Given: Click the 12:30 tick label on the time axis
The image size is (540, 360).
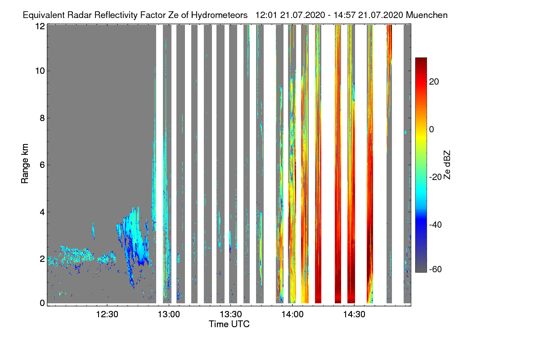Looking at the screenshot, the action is (x=107, y=315).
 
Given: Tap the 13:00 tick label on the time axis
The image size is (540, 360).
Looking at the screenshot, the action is (x=169, y=315).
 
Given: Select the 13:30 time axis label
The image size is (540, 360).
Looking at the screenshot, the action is (x=231, y=315).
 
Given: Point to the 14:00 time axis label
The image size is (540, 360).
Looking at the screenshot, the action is (x=292, y=315).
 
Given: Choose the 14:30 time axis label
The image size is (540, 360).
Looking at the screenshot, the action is (x=355, y=315).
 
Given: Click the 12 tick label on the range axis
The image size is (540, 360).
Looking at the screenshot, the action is (x=40, y=26).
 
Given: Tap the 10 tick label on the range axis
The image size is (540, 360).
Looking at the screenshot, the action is (x=40, y=71).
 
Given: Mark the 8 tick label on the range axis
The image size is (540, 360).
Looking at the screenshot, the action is (x=42, y=118).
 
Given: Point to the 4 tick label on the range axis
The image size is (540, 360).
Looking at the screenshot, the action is (x=42, y=212).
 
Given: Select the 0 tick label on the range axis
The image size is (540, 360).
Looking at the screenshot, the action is (x=42, y=303).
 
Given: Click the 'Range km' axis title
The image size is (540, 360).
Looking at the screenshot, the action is (x=25, y=163).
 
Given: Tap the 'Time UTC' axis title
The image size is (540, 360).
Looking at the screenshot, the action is (x=229, y=324).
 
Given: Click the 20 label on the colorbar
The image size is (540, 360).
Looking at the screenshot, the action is (x=434, y=82).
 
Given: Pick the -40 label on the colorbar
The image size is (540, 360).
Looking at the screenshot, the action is (x=436, y=225).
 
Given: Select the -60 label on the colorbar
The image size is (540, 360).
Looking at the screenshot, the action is (x=436, y=270).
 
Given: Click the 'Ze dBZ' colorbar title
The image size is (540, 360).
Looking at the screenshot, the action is (x=447, y=165).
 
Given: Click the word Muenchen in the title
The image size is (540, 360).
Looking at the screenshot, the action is (x=427, y=15).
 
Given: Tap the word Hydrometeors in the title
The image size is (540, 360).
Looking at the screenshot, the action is (x=220, y=15).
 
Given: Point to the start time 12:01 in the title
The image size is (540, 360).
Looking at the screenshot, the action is (x=266, y=15).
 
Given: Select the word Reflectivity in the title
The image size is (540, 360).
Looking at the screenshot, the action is (x=116, y=15).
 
